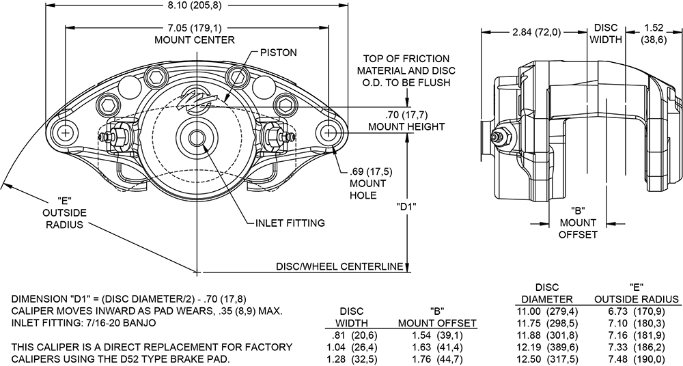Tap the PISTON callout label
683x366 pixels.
tap(278, 52)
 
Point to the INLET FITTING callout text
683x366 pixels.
tap(290, 223)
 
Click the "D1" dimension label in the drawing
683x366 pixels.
tap(406, 205)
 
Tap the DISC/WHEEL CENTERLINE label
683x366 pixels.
tap(339, 266)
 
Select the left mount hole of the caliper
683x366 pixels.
tap(66, 132)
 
